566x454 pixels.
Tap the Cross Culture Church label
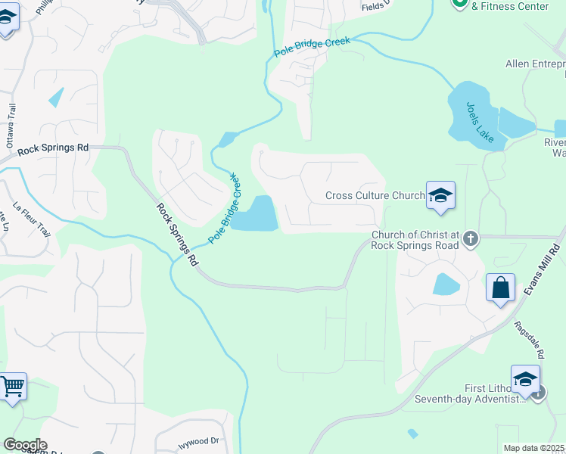[x=375, y=195]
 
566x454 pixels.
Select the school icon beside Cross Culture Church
[x=440, y=196]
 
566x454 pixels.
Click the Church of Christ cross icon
[x=470, y=239]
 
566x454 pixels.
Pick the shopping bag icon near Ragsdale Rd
[x=500, y=288]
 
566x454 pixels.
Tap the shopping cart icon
[x=13, y=387]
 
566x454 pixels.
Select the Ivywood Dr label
[x=199, y=440]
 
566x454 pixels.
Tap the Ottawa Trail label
[x=11, y=125]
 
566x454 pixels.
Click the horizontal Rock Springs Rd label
[x=52, y=148]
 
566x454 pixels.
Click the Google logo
[x=24, y=445]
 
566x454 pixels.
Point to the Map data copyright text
[x=533, y=448]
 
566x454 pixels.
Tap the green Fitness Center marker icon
[x=459, y=2]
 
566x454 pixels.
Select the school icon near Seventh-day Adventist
[x=525, y=379]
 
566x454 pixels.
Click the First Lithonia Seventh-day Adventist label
[x=485, y=393]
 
